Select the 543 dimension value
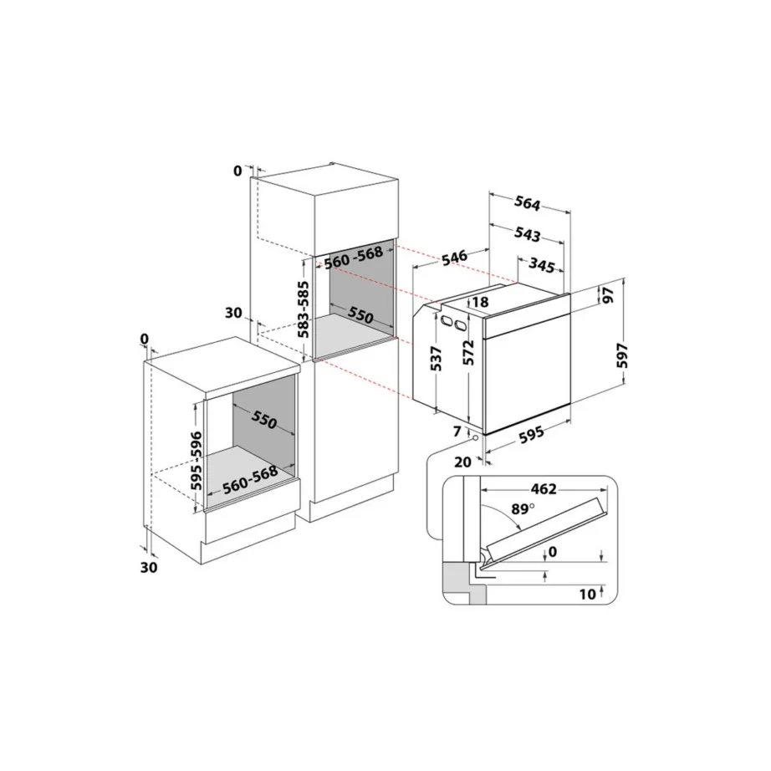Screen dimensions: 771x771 click(527, 235)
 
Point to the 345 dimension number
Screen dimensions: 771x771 click(542, 267)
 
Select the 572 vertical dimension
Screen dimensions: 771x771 click(471, 352)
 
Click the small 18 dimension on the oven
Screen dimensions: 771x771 click(480, 302)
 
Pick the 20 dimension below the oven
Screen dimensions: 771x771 click(462, 461)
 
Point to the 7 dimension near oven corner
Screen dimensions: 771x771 click(457, 431)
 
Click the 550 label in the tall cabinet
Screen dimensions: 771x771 click(360, 317)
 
